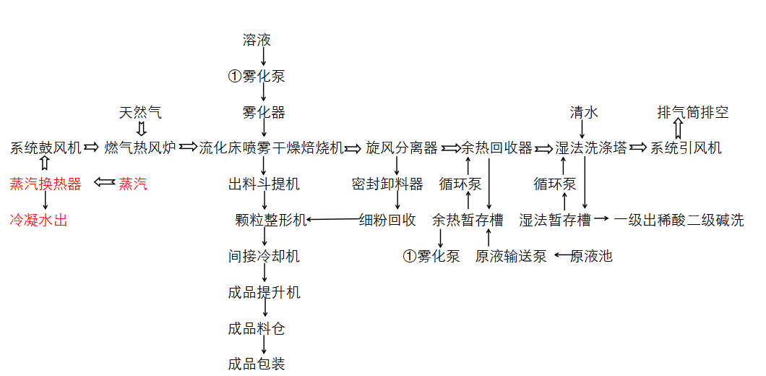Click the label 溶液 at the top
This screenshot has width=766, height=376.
pyautogui.click(x=257, y=40)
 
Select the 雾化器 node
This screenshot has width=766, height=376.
pyautogui.click(x=264, y=113)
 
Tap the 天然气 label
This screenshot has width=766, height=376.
pyautogui.click(x=140, y=113)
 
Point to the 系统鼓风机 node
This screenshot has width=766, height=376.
pyautogui.click(x=46, y=148)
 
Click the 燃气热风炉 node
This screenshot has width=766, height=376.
pyautogui.click(x=140, y=148)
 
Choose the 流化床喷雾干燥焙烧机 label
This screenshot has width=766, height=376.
pyautogui.click(x=271, y=148)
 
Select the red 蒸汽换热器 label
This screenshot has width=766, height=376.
pyautogui.click(x=46, y=184)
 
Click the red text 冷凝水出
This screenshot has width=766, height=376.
pyautogui.click(x=38, y=220)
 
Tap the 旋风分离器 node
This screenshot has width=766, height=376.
pyautogui.click(x=402, y=148)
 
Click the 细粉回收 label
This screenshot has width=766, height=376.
pyautogui.click(x=387, y=220)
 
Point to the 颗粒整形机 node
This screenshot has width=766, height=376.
pyautogui.click(x=271, y=220)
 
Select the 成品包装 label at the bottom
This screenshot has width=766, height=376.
pyautogui.click(x=257, y=364)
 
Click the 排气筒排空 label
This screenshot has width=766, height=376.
pyautogui.click(x=693, y=113)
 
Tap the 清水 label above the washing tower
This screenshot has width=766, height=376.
pyautogui.click(x=584, y=113)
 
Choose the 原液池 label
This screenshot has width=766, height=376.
pyautogui.click(x=591, y=256)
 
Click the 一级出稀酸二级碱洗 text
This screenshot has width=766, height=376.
pyautogui.click(x=679, y=220)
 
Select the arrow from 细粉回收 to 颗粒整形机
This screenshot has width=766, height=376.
pyautogui.click(x=332, y=220)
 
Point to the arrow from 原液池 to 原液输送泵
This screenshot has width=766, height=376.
pyautogui.click(x=562, y=255)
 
